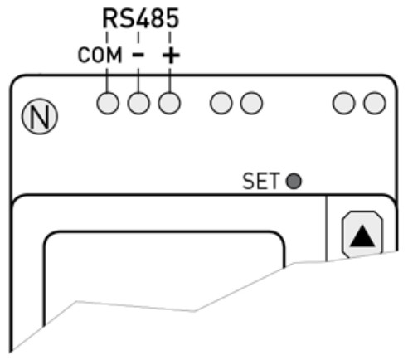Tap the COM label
click(100, 56)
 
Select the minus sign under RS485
click(138, 56)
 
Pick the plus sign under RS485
click(170, 56)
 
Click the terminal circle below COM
click(108, 103)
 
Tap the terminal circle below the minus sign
click(138, 103)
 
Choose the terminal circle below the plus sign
click(169, 103)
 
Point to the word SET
click(261, 181)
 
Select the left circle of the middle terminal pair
click(221, 103)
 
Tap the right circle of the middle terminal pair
click(250, 103)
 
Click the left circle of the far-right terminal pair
click(344, 103)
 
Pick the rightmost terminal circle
click(374, 103)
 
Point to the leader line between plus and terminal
click(169, 78)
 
